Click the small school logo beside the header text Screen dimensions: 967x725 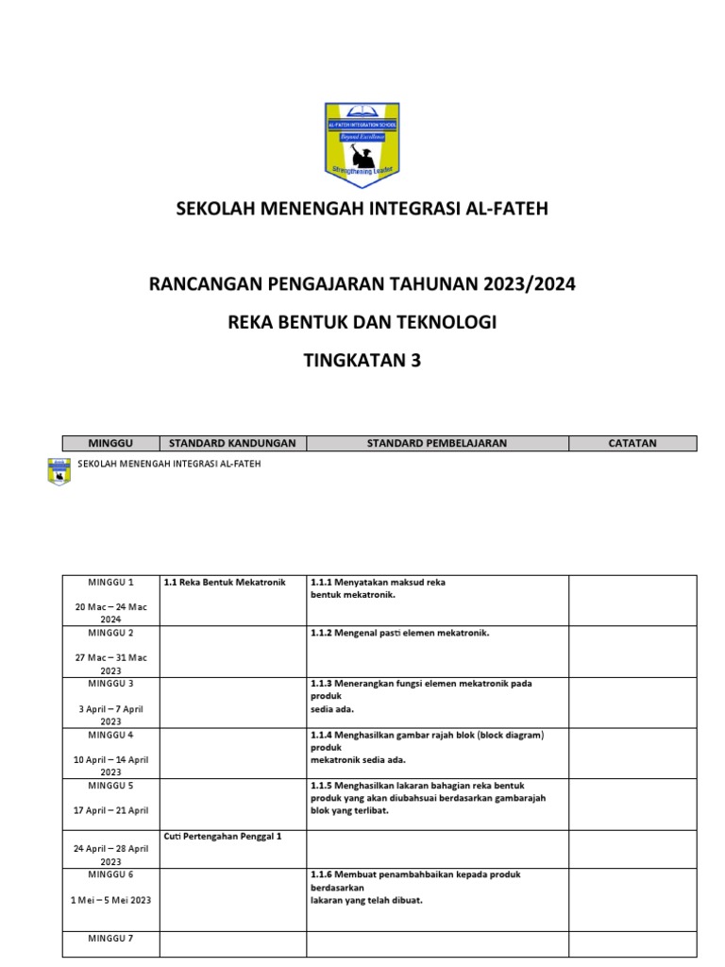[59, 472]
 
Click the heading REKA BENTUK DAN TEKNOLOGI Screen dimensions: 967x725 [362, 322]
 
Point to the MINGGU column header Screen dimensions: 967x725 [110, 443]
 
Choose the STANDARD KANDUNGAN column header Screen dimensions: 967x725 [232, 443]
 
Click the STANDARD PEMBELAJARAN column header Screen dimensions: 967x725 [437, 443]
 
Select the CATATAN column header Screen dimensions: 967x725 [632, 443]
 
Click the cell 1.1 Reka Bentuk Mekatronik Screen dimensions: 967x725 [225, 583]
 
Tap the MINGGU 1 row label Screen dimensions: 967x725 [111, 583]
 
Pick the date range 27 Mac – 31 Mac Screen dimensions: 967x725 [111, 658]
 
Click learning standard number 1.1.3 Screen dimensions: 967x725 [322, 683]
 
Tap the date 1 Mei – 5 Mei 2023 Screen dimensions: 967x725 [111, 900]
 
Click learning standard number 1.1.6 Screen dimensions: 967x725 [322, 874]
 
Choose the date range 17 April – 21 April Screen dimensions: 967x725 [111, 810]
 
